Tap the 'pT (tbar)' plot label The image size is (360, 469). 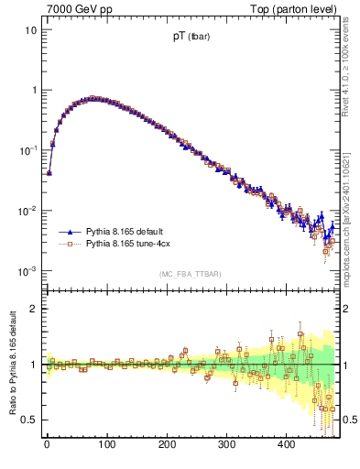pyautogui.click(x=190, y=38)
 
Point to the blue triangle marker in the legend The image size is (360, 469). pyautogui.click(x=69, y=232)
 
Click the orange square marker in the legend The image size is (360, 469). pyautogui.click(x=69, y=245)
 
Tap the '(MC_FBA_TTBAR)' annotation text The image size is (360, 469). pyautogui.click(x=190, y=274)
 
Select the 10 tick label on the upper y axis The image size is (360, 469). pyautogui.click(x=28, y=30)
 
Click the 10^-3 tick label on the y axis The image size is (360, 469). pyautogui.click(x=26, y=271)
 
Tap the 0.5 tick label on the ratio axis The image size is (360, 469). pyautogui.click(x=27, y=420)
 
